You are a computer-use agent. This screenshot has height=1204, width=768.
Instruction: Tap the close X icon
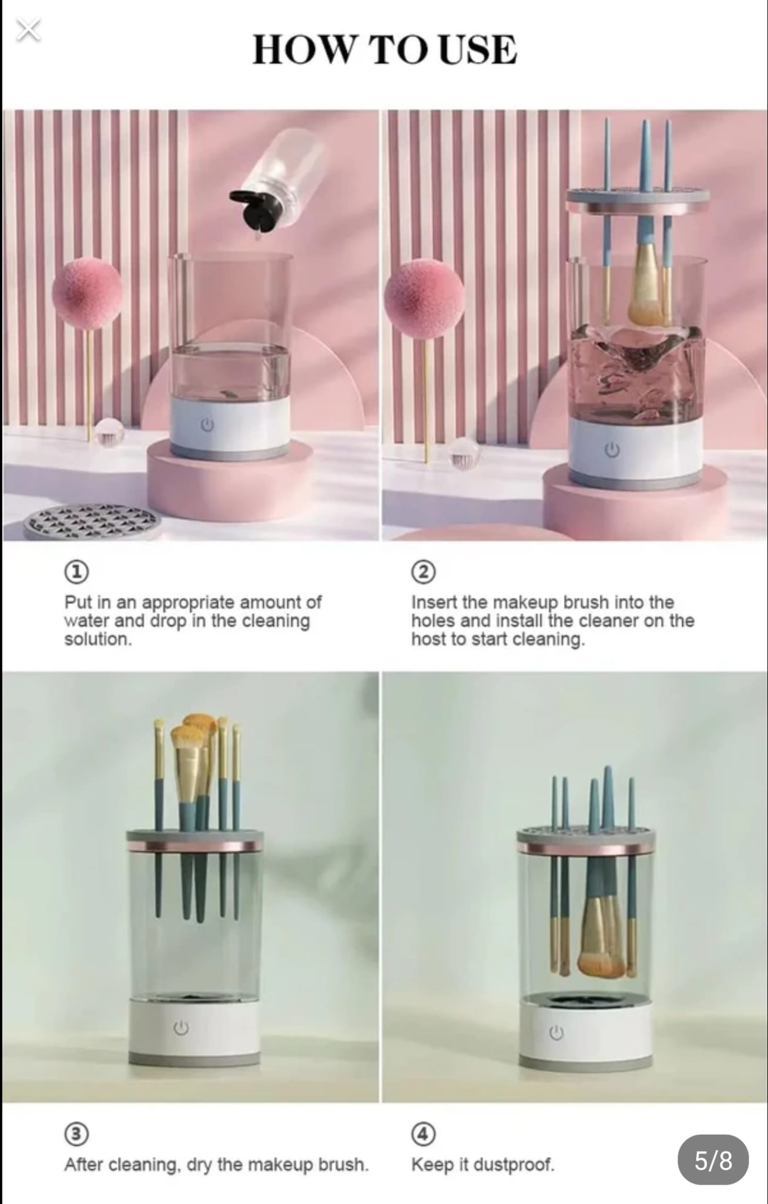pos(28,30)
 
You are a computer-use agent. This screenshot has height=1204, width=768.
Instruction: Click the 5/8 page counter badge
pos(713,1159)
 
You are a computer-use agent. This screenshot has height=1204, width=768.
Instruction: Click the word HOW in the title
pos(304,49)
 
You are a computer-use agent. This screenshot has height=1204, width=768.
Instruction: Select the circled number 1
pos(76,571)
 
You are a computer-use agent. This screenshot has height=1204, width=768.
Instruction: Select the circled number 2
pos(423,571)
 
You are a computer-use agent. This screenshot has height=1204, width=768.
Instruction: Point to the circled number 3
pos(76,1133)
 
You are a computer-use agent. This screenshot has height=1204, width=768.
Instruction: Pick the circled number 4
pos(423,1133)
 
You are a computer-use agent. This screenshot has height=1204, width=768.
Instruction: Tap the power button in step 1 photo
pos(207,424)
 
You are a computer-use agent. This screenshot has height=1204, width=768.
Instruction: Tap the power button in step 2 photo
pos(612,450)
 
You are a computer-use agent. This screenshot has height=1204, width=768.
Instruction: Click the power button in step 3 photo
pos(181,1028)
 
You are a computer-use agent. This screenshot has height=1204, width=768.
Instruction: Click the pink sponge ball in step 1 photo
pos(88,293)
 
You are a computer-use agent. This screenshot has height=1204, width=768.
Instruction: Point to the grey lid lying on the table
pos(92,521)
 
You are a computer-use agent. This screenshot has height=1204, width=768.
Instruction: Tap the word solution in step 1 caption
pos(98,639)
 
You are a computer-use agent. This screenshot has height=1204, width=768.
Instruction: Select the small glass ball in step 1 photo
pos(109,432)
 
